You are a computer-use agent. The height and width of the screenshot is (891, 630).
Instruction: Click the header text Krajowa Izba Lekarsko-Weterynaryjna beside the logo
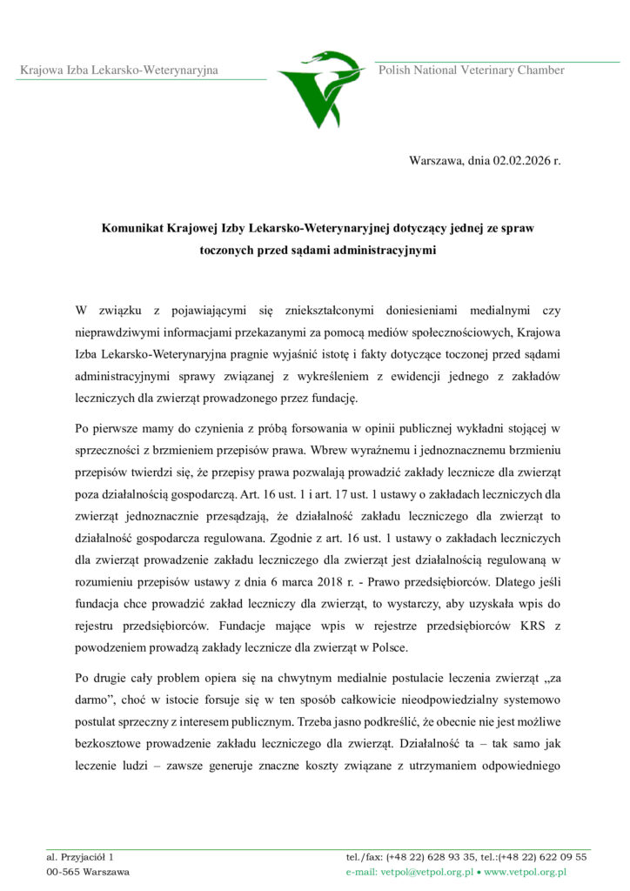(119, 70)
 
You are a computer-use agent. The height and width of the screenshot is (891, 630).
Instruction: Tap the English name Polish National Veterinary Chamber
(471, 70)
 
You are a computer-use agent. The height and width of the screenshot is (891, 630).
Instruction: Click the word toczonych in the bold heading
(228, 250)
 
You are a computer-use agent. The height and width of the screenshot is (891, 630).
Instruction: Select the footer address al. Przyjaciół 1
(80, 856)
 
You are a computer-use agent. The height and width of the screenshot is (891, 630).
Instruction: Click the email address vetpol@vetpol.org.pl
(425, 871)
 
